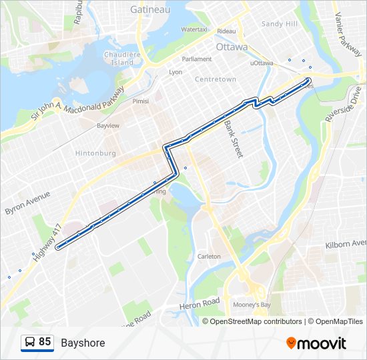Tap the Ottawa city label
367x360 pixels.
click(232, 47)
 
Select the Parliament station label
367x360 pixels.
click(197, 59)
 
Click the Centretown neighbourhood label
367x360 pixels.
click(216, 79)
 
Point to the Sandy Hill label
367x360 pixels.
click(279, 24)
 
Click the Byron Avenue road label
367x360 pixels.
click(27, 203)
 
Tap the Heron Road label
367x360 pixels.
click(200, 304)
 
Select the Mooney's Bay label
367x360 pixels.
click(256, 305)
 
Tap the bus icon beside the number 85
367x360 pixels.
click(30, 343)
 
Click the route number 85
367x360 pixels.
click(45, 342)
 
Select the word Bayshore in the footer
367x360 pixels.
click(83, 343)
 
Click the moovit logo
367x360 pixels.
click(316, 343)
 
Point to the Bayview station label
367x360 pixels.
click(108, 125)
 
